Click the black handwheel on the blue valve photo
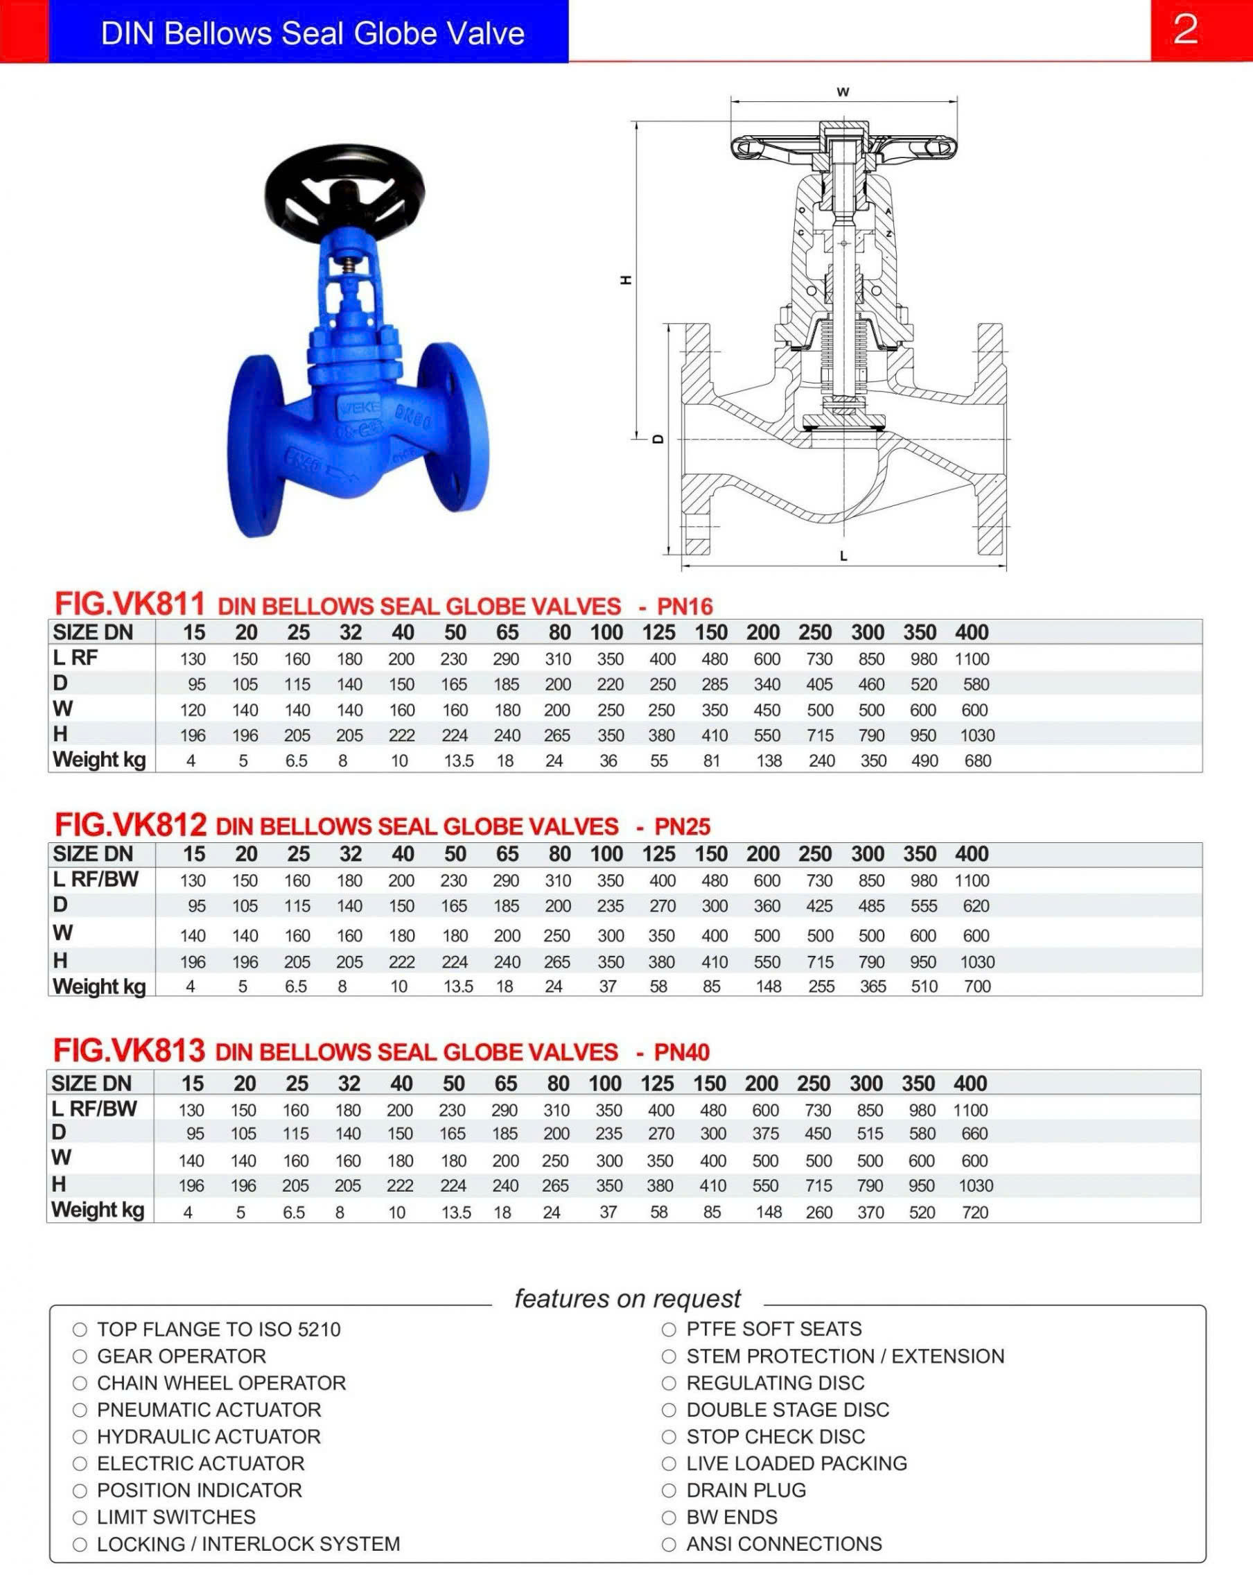(x=344, y=186)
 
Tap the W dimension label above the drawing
(x=843, y=92)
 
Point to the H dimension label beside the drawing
(x=626, y=280)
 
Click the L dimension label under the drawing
(x=843, y=557)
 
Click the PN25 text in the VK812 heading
(x=682, y=826)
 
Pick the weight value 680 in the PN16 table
(x=977, y=760)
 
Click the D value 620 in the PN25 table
(x=976, y=906)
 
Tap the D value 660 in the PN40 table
(x=974, y=1134)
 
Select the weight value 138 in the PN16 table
(x=769, y=760)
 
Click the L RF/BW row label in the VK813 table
(x=94, y=1109)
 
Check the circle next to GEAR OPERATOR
(x=80, y=1357)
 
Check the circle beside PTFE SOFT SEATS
(x=668, y=1330)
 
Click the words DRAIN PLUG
(x=746, y=1490)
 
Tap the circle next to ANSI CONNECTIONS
(x=668, y=1544)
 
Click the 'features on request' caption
(x=627, y=1298)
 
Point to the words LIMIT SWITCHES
(x=176, y=1517)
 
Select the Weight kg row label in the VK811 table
(x=99, y=760)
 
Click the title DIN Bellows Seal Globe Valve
(x=313, y=33)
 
